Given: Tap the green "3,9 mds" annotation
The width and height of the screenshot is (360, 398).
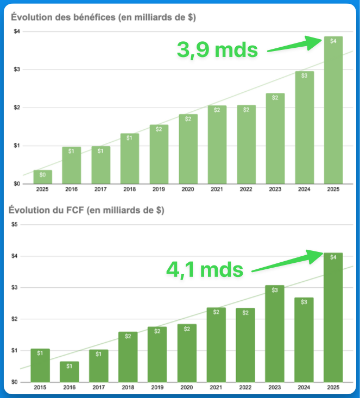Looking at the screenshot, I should pyautogui.click(x=217, y=50).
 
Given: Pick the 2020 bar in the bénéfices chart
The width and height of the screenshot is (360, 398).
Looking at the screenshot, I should pyautogui.click(x=188, y=149).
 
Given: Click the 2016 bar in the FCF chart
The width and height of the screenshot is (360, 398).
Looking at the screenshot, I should pyautogui.click(x=70, y=371).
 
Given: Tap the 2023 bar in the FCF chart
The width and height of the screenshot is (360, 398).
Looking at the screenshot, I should pyautogui.click(x=275, y=333).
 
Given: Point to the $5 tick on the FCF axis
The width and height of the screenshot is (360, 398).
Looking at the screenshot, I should pyautogui.click(x=16, y=224).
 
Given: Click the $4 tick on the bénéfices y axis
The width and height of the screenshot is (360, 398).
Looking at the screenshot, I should pyautogui.click(x=17, y=31).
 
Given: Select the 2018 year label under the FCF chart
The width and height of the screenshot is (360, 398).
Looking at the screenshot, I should pyautogui.click(x=128, y=388).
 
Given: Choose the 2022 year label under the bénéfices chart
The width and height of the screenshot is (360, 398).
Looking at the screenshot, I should pyautogui.click(x=246, y=189).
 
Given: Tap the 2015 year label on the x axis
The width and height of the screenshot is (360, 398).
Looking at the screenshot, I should pyautogui.click(x=40, y=388).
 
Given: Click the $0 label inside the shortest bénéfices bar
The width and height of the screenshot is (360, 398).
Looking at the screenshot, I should pyautogui.click(x=42, y=175).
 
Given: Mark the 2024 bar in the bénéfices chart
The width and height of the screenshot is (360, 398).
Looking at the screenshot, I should pyautogui.click(x=305, y=127).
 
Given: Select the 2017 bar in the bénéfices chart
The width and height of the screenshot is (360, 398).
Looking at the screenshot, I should pyautogui.click(x=100, y=165).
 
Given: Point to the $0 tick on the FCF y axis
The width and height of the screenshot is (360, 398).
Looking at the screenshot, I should pyautogui.click(x=16, y=382).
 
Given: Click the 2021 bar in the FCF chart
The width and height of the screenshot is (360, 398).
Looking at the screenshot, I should pyautogui.click(x=216, y=344).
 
